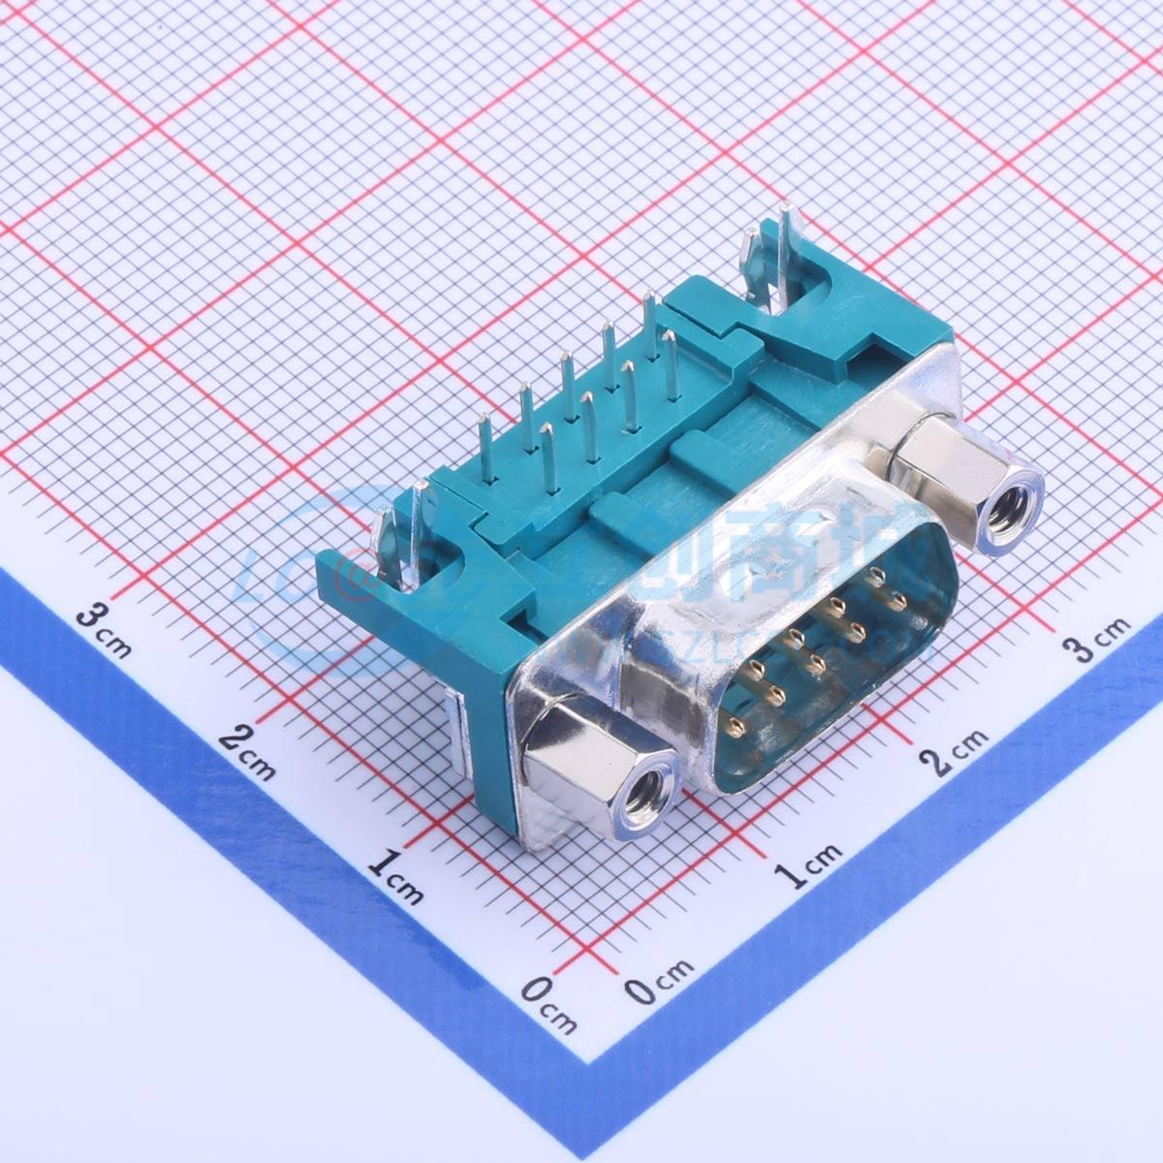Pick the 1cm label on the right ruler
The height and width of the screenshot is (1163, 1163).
[x=809, y=864]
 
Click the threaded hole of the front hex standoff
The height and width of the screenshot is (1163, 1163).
[x=644, y=799]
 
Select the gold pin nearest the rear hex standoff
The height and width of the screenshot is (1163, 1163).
[x=877, y=577]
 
